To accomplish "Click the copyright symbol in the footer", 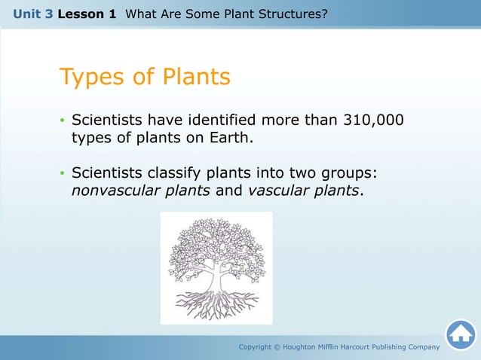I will pyautogui.click(x=284, y=346).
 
